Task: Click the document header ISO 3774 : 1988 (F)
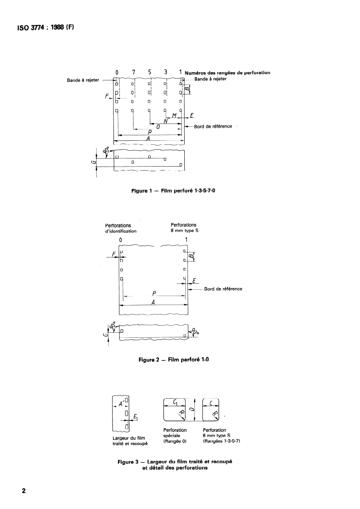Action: [44, 27]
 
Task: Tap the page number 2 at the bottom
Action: [24, 491]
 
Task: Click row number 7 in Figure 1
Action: [133, 72]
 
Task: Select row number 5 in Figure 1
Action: [150, 72]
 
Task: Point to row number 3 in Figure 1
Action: [166, 72]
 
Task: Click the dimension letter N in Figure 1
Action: [166, 121]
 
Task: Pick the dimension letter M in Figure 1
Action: [174, 116]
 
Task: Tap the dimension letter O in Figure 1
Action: [158, 127]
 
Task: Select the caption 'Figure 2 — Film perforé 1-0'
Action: [173, 360]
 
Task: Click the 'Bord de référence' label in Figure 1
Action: [213, 126]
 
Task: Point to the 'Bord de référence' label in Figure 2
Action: [223, 289]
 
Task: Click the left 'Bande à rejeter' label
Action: [83, 80]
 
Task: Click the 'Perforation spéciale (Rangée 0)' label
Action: [174, 435]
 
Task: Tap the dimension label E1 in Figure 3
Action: [136, 415]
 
